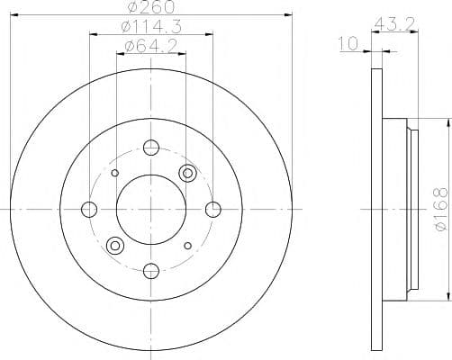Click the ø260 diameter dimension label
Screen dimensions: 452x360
click(x=150, y=6)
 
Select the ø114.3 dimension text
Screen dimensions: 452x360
click(x=151, y=27)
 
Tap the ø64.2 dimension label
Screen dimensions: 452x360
click(x=151, y=47)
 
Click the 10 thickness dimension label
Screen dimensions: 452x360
click(x=348, y=43)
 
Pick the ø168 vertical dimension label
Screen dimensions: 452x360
click(x=440, y=210)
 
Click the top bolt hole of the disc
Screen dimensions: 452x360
click(x=151, y=148)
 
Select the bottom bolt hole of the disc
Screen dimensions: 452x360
click(x=151, y=271)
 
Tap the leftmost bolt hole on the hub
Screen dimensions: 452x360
click(x=89, y=210)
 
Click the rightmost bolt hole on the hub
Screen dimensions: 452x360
click(x=213, y=210)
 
